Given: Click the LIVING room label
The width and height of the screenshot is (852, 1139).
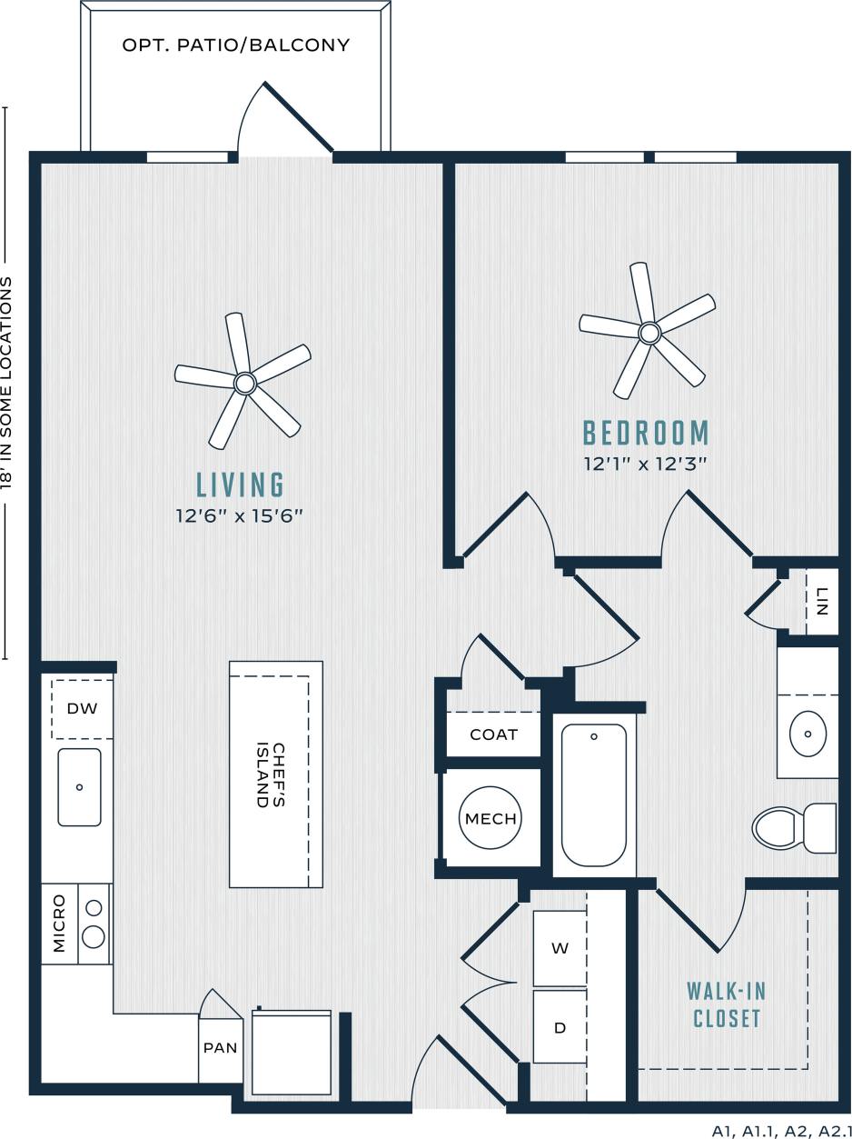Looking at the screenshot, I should [241, 485].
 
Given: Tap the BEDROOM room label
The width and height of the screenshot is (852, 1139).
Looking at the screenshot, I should [646, 433].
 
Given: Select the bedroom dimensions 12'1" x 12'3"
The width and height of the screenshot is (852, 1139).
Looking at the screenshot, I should [645, 464].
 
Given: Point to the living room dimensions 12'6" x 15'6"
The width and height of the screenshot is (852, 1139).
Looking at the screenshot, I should [239, 515].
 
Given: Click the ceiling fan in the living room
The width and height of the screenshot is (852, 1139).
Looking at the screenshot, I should [243, 383].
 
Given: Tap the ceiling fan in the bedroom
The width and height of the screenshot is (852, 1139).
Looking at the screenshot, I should [648, 333].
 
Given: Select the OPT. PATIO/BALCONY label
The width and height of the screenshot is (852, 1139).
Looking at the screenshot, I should [236, 45].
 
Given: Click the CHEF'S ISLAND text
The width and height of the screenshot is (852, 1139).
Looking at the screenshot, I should [272, 774].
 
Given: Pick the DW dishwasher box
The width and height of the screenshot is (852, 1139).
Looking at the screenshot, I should [82, 708].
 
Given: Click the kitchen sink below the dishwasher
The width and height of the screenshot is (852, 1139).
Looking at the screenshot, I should [80, 787].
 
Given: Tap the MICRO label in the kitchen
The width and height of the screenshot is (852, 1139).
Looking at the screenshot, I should [60, 924].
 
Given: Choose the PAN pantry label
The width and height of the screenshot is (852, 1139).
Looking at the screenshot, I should [220, 1047].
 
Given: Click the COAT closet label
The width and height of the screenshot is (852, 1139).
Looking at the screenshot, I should [493, 734].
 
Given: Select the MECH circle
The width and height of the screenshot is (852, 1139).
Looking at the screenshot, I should [490, 818].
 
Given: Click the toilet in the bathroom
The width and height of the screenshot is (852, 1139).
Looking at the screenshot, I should [793, 827].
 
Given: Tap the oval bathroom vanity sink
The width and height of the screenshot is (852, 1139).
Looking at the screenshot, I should [807, 734].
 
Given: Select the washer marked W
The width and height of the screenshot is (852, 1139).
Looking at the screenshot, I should [560, 948].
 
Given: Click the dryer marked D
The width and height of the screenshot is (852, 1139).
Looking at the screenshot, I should [560, 1027].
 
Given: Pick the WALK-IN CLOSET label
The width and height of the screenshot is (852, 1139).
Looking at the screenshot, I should [727, 1004].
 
